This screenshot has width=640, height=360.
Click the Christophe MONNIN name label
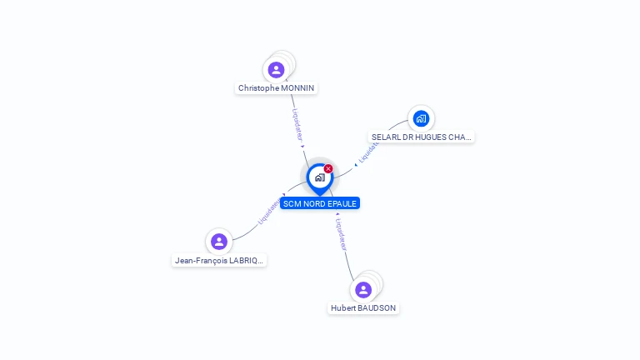tap(277, 87)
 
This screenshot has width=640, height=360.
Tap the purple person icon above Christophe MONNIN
tap(277, 70)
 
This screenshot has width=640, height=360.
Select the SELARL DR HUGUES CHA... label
tap(421, 137)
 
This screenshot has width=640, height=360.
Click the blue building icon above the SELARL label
tap(421, 118)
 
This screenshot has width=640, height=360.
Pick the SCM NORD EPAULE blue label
tap(320, 203)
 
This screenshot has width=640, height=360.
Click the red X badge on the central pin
tap(328, 169)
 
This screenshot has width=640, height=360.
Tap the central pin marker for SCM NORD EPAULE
tap(319, 178)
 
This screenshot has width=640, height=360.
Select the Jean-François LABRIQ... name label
tap(219, 260)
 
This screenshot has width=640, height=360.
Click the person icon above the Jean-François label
tap(219, 242)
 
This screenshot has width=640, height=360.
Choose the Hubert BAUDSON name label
tap(363, 307)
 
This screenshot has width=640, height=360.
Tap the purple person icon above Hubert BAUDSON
tap(363, 290)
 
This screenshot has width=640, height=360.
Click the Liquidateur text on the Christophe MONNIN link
tap(297, 124)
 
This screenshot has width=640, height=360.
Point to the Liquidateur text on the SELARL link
tap(368, 152)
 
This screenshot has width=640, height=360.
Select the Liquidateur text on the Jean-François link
tap(268, 211)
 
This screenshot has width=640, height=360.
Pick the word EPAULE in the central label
tap(342, 203)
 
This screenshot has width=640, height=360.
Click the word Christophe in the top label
tap(258, 87)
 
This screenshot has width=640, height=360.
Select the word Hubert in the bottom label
tap(343, 307)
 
